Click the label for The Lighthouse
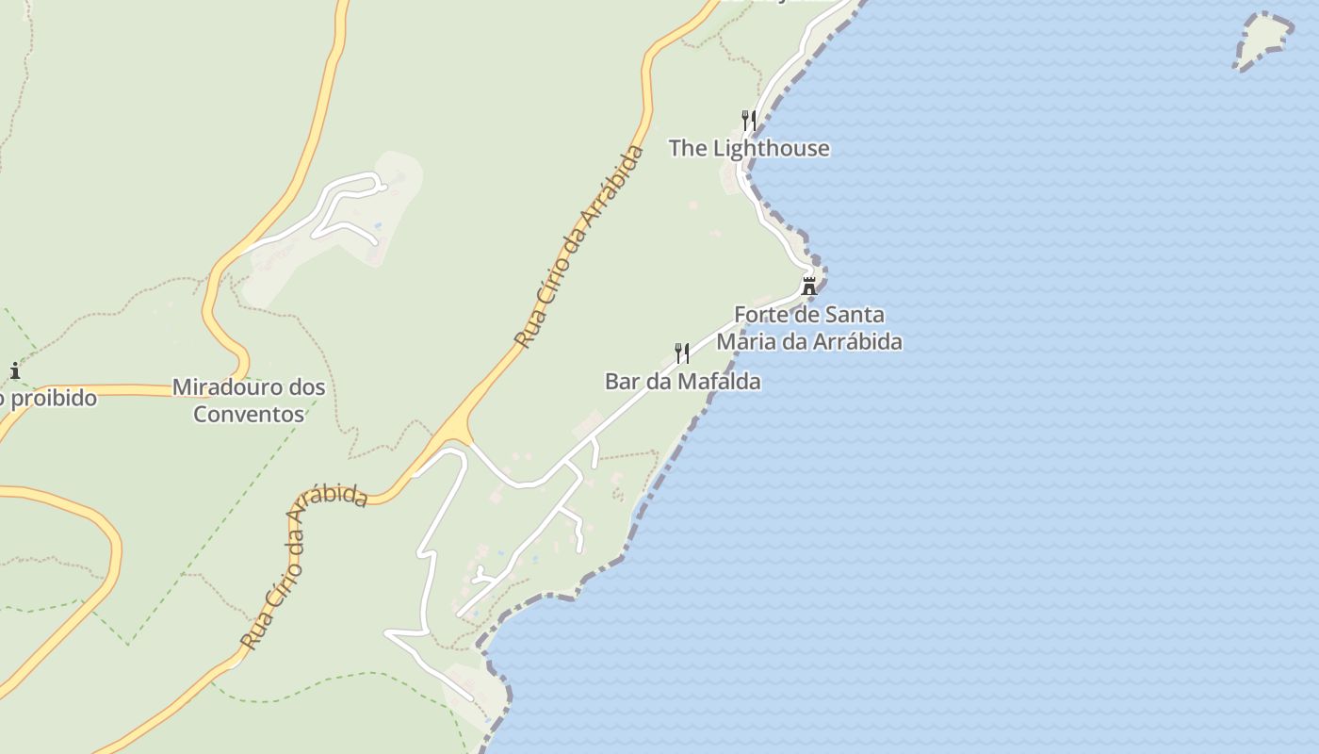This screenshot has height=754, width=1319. point(749,148)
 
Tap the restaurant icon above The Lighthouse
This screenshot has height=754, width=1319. point(749,120)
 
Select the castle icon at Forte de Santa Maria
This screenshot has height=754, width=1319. point(808,286)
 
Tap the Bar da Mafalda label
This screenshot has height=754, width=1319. point(682,382)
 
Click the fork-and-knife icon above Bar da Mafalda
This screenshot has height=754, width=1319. point(682,353)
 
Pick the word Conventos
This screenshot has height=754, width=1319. point(249,414)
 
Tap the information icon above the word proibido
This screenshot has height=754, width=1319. point(14,370)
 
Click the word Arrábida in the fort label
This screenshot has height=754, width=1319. point(857,341)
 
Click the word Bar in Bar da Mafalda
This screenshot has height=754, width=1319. point(622,382)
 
